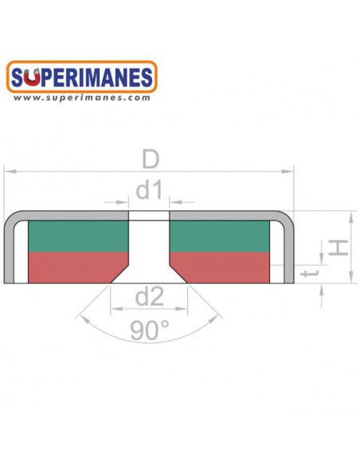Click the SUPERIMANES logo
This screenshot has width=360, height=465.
[x=81, y=76]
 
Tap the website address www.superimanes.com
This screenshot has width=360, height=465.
[x=81, y=98]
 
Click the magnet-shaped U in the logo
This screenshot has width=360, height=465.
[x=31, y=77]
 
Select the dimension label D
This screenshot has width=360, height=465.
[x=151, y=159]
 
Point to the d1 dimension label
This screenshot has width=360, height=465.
[x=149, y=190]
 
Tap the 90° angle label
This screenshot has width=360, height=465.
[x=150, y=330]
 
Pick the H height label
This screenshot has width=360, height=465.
[x=338, y=248]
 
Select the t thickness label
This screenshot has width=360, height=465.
[x=310, y=272]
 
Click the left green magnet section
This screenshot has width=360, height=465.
[x=78, y=236]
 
